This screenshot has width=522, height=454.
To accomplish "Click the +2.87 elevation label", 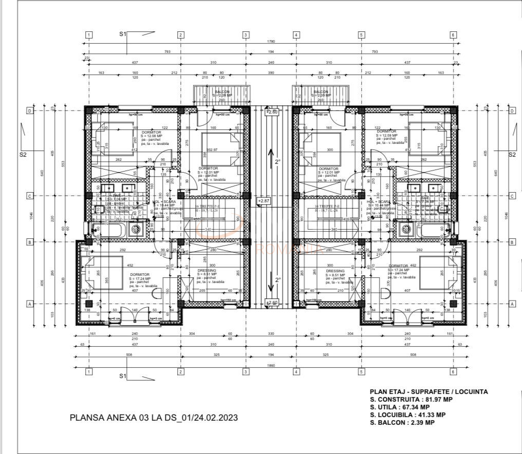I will click(263, 201).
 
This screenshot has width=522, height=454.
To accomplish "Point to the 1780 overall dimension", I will click(271, 42).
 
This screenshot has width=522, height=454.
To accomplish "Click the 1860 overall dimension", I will click(271, 365).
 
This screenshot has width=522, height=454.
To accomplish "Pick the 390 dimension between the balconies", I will click(271, 73).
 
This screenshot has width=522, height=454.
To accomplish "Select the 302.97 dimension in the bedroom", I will click(211, 149).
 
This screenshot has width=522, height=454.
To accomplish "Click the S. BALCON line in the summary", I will click(402, 423).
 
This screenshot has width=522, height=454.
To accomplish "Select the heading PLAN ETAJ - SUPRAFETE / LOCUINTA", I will click(428, 391).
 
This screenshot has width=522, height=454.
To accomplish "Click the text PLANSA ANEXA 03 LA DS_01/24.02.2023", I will click(154, 418).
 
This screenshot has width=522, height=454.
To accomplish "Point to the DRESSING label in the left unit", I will click(207, 270).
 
